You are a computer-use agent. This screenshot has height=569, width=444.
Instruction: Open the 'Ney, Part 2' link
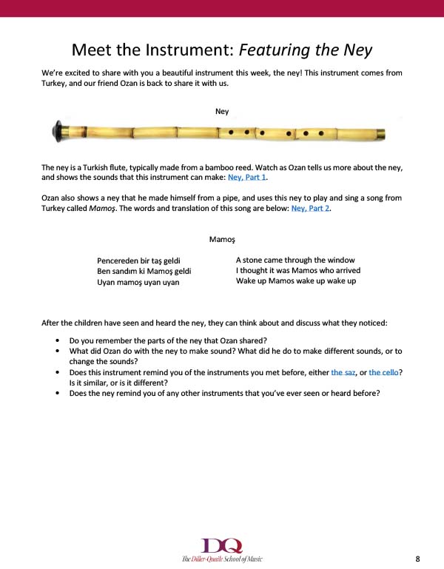click(311, 209)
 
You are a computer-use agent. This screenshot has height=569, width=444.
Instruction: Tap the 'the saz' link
click(343, 373)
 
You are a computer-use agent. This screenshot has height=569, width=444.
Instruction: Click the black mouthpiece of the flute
click(57, 132)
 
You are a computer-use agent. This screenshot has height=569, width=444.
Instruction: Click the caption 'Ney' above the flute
click(222, 112)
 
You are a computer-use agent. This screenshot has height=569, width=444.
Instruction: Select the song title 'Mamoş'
click(222, 240)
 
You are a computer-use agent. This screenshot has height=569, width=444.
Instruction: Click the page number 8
click(417, 558)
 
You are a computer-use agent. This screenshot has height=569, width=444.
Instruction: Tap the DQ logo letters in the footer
click(222, 546)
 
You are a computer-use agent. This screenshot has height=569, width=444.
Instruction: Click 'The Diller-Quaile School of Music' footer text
click(222, 559)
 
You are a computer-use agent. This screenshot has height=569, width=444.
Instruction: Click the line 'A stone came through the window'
click(285, 260)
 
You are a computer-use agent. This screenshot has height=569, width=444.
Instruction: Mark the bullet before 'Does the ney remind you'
click(58, 394)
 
